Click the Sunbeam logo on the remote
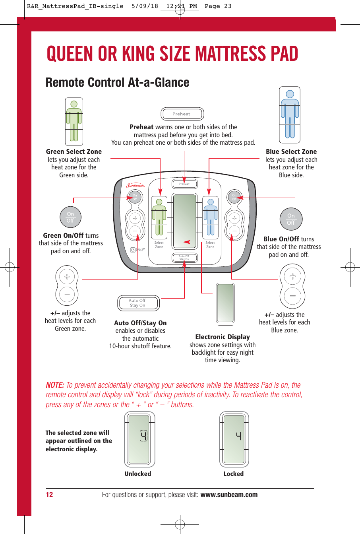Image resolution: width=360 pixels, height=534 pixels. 135,185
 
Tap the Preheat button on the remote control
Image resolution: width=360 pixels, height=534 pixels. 184,184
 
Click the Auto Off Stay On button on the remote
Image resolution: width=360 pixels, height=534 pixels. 184,258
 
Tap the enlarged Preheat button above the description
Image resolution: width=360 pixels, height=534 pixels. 182,114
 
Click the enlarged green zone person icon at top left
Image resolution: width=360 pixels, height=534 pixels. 74,122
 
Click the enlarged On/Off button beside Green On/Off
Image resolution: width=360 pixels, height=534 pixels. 70,217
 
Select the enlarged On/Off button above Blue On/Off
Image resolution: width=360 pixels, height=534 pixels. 291,219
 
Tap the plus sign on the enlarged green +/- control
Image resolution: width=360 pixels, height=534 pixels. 67,277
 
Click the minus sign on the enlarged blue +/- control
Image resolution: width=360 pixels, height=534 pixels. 292,296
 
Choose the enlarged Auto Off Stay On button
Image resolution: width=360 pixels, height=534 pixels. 138,303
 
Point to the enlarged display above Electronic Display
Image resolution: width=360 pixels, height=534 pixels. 225,303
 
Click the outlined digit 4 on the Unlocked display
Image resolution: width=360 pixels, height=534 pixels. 143,436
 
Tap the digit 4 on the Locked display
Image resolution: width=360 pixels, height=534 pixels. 238,436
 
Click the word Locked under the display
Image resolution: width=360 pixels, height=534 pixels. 233,474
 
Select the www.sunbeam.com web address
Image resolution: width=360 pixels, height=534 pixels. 229,495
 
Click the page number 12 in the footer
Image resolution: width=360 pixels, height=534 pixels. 49,495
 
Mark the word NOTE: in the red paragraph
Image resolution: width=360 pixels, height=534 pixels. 55,385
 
